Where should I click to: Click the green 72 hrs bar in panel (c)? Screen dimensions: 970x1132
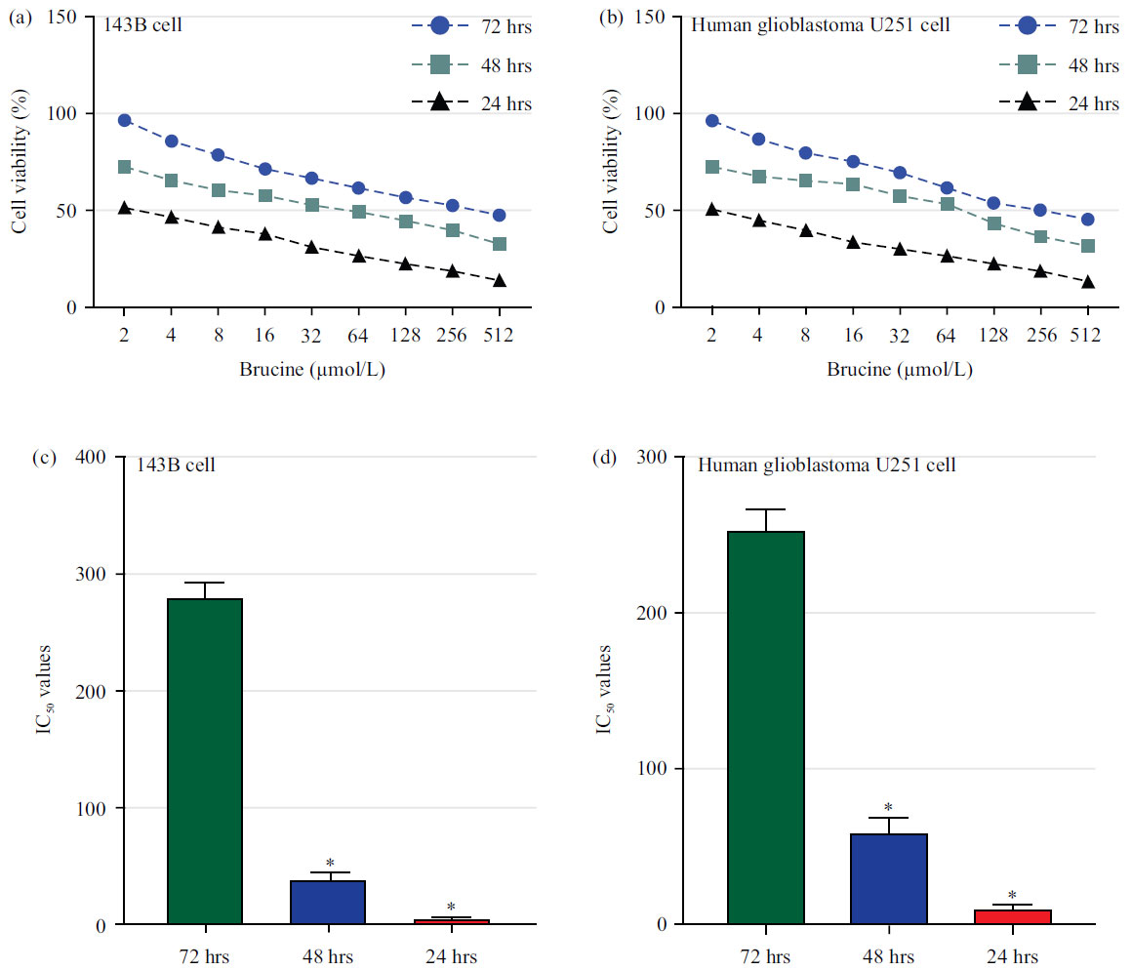(x=205, y=761)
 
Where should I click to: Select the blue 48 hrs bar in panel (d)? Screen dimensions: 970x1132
(x=888, y=878)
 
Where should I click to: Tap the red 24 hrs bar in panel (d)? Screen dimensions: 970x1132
(x=1012, y=916)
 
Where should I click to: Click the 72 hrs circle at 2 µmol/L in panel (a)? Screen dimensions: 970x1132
(x=124, y=120)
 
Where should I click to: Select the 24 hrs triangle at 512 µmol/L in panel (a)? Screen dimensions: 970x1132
(x=500, y=281)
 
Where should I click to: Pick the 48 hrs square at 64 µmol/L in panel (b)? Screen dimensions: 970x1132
(x=947, y=204)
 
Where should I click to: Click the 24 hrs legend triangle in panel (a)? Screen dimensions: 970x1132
(x=439, y=102)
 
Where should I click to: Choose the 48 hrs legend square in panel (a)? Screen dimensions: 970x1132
(x=439, y=65)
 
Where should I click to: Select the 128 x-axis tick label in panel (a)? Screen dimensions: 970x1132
(x=405, y=335)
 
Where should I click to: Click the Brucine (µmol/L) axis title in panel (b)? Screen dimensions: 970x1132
(x=900, y=371)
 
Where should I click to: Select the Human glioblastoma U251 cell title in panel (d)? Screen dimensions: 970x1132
(x=827, y=465)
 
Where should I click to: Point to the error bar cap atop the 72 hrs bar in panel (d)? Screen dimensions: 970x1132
(x=766, y=509)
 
